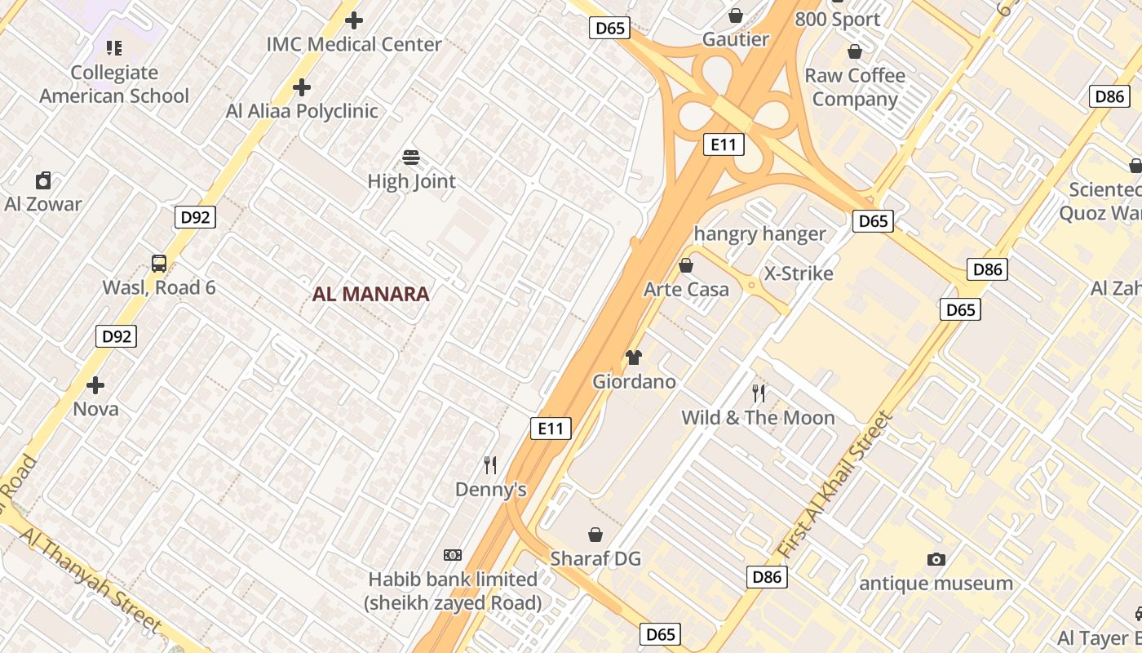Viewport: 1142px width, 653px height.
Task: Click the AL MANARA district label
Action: [x=370, y=294]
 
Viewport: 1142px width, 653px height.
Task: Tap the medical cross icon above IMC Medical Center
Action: [x=354, y=20]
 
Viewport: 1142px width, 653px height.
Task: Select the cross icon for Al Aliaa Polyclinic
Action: [x=302, y=87]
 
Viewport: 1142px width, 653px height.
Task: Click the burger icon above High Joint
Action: [x=411, y=157]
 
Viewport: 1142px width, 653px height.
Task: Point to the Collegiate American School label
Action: [x=114, y=84]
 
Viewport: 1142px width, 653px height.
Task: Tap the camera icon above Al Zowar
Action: [x=43, y=180]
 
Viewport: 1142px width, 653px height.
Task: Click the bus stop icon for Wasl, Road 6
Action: [x=159, y=264]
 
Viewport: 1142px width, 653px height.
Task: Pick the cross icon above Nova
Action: [x=95, y=384]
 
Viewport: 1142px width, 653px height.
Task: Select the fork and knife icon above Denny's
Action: [x=490, y=465]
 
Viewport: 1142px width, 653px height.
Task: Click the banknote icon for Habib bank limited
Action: [x=453, y=555]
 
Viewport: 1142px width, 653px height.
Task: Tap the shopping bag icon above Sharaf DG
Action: [x=595, y=535]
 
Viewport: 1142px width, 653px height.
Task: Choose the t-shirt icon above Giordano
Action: [x=634, y=357]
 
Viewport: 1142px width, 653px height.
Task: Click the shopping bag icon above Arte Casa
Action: [x=686, y=265]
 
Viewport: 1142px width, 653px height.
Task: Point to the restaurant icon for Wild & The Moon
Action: [x=759, y=393]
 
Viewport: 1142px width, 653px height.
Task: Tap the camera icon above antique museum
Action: [x=936, y=559]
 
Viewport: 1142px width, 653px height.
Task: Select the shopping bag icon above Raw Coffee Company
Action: [x=855, y=51]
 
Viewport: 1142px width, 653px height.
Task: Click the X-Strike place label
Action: [x=798, y=273]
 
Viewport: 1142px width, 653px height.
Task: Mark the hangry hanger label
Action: [x=759, y=234]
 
